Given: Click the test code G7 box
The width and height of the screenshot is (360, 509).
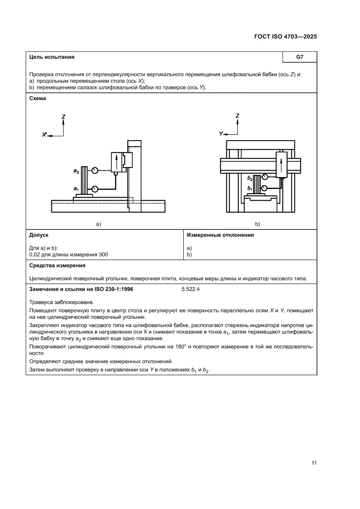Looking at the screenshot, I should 299,57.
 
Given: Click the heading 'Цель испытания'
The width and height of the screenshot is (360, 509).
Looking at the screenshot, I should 51,57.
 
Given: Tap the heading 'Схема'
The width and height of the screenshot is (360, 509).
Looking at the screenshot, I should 37,98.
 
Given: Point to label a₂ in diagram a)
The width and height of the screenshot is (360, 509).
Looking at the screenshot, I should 76,171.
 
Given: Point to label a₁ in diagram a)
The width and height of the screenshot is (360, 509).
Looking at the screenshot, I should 76,189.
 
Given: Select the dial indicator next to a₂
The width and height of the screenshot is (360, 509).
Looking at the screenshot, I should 94,170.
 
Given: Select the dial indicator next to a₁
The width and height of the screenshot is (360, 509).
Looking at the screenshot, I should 94,189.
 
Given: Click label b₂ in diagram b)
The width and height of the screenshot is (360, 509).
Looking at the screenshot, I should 250,178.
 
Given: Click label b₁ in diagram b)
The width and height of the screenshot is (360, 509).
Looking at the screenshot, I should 250,188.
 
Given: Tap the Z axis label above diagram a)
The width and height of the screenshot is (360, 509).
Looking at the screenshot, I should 64,117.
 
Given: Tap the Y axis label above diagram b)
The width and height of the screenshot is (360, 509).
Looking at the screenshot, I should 221,134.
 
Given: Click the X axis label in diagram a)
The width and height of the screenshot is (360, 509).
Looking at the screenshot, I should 44,135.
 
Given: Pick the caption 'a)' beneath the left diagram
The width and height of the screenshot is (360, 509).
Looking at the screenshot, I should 98,224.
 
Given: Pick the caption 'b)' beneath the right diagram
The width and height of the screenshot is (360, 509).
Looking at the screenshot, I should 257,224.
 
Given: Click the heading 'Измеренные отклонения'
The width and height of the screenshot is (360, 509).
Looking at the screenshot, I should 220,235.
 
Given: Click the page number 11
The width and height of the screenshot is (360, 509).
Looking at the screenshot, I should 313,463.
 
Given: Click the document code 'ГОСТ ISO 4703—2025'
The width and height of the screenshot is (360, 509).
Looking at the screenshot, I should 285,37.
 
